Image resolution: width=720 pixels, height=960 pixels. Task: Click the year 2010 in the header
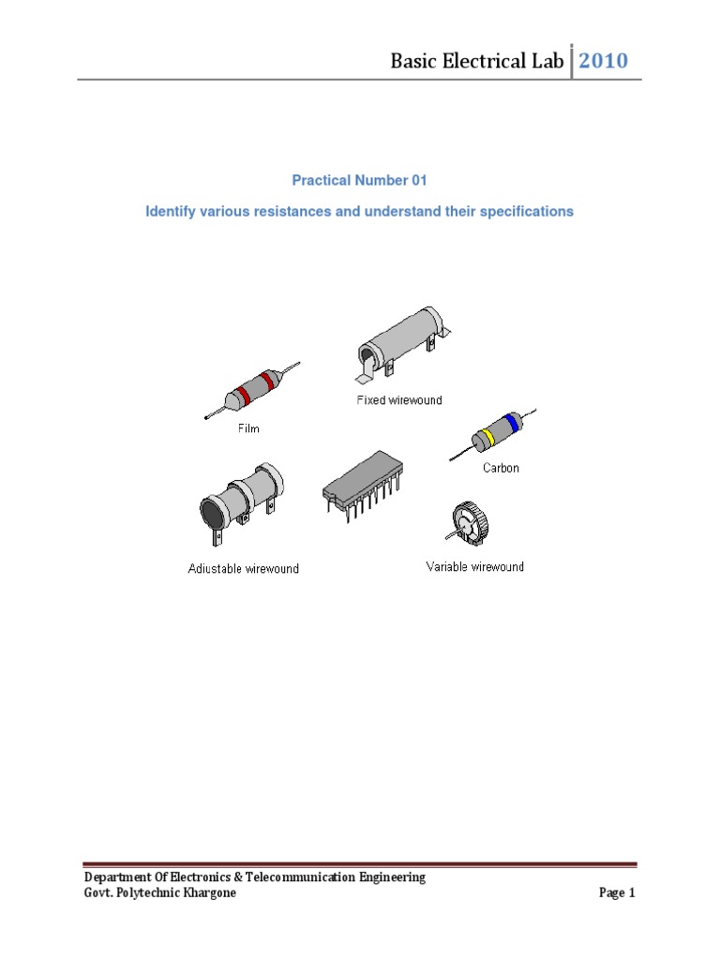pos(603,61)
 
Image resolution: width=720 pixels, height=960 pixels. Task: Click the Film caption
pos(247,429)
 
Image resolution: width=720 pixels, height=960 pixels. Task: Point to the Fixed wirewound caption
pos(398,400)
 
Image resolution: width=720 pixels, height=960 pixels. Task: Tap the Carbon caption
pos(501,468)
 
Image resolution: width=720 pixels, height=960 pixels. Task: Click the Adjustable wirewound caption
pos(244,569)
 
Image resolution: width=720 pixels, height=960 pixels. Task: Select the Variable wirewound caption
pos(475,567)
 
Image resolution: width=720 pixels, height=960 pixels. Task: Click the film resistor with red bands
pos(252,387)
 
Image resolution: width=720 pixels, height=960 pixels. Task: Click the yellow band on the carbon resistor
pos(487,438)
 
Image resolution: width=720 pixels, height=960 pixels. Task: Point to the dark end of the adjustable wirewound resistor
pos(207,511)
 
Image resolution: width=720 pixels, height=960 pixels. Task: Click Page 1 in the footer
pos(617,893)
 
